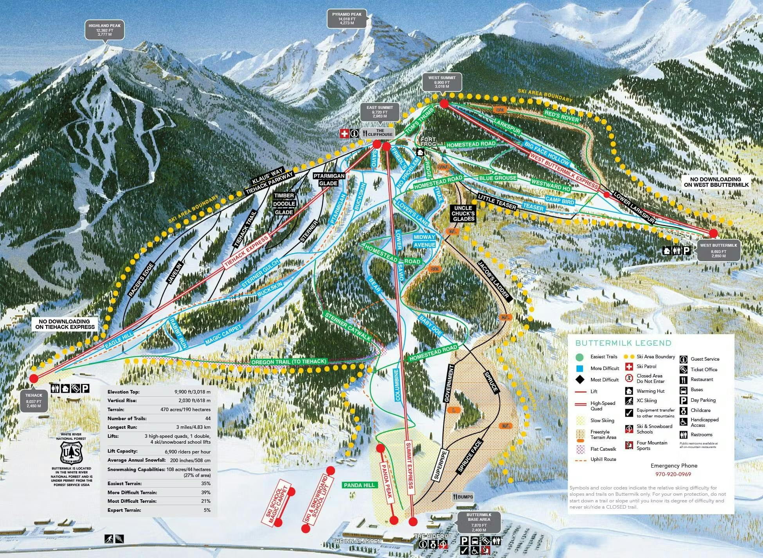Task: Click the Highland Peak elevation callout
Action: tap(104, 30)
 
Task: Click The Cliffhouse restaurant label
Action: tap(377, 133)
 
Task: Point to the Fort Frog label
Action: tap(428, 142)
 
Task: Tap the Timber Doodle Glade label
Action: tap(284, 204)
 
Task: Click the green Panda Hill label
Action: tap(359, 485)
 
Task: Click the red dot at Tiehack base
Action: tap(34, 378)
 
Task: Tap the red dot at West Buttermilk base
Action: tap(713, 233)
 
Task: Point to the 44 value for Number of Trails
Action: tap(207, 419)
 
